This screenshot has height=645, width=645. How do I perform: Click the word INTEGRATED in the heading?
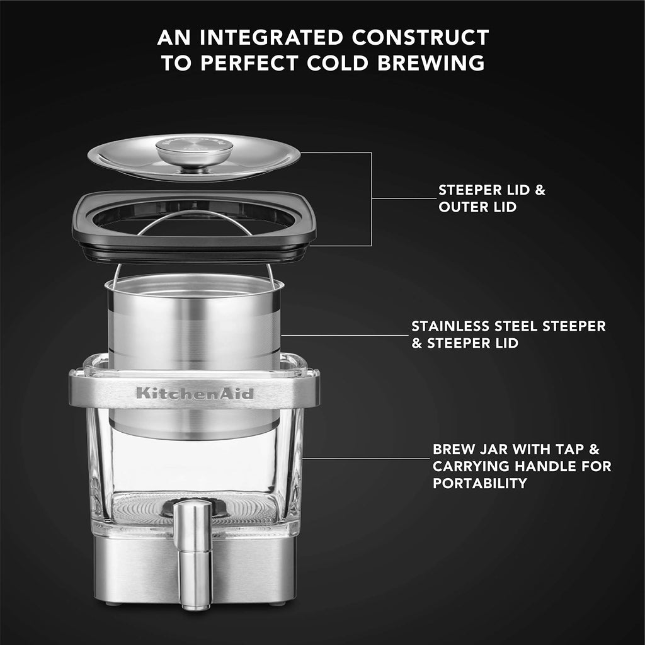271,37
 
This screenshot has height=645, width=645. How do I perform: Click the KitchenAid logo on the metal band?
195,393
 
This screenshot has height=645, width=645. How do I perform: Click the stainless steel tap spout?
193,556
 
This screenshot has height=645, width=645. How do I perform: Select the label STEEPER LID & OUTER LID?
492,198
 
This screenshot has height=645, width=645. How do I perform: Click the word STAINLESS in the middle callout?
450,326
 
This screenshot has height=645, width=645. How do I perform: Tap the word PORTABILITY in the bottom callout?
480,483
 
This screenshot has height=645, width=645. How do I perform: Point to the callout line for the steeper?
345,335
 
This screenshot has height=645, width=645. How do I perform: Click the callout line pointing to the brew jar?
366,459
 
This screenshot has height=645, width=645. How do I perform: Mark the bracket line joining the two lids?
372,199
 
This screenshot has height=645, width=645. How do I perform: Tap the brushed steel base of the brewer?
194,569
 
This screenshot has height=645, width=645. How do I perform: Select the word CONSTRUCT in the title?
420,37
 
